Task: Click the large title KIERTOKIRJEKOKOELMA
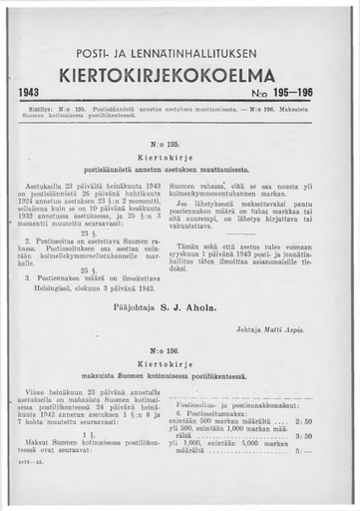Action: tap(180, 74)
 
